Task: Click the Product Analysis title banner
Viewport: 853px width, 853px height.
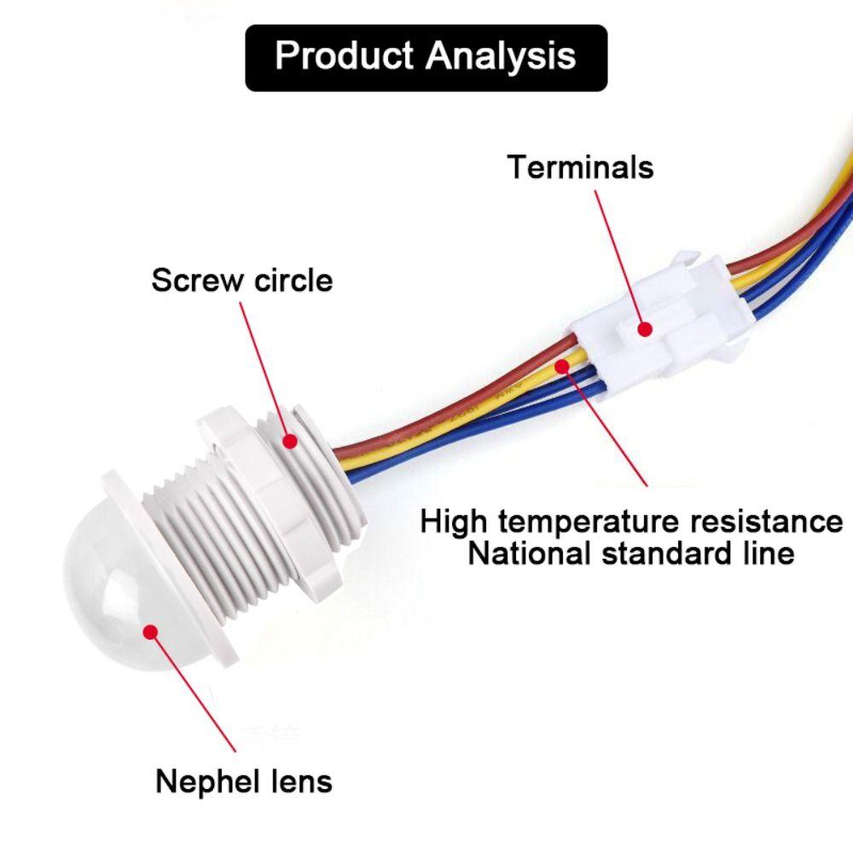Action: (x=426, y=57)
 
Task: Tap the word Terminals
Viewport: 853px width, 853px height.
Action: (x=580, y=166)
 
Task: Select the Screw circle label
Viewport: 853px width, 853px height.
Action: (x=241, y=280)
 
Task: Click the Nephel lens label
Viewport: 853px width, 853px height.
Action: (x=243, y=780)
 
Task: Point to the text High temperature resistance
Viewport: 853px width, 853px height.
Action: (x=631, y=521)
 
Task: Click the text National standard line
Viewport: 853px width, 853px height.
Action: (x=631, y=554)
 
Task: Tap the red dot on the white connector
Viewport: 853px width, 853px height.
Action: (x=646, y=328)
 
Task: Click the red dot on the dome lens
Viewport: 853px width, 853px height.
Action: (x=151, y=632)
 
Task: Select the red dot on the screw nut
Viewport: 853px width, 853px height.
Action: (x=290, y=441)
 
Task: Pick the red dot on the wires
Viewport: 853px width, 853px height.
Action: (x=562, y=367)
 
